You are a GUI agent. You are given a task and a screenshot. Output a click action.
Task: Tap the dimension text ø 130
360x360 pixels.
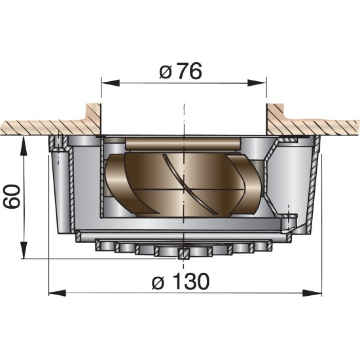coord(181,282)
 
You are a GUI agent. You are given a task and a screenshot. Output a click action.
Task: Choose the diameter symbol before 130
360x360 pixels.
coord(157,283)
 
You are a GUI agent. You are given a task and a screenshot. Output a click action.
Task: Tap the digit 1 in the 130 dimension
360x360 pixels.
coord(175,282)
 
